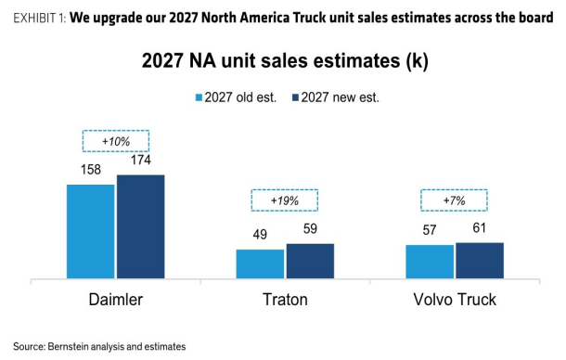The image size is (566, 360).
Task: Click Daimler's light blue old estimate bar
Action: [91, 231]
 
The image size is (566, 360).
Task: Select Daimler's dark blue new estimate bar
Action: [141, 226]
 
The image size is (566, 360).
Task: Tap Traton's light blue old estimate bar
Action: [260, 264]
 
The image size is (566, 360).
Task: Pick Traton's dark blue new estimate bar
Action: [310, 261]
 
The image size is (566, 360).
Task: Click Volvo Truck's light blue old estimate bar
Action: [430, 262]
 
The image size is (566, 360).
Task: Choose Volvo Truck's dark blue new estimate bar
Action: [480, 261]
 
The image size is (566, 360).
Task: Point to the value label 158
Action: [91, 170]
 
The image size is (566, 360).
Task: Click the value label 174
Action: [141, 160]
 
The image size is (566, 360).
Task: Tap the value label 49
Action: [260, 235]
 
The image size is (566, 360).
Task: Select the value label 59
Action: [310, 228]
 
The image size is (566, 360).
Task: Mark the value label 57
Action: [430, 230]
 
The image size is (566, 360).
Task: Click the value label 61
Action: [480, 228]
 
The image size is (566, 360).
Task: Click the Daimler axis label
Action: [116, 300]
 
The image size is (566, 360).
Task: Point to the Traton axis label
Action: [285, 300]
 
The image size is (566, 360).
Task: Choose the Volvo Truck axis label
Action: [455, 300]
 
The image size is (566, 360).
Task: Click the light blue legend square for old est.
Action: [199, 97]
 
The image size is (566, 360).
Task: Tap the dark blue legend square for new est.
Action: [295, 97]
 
